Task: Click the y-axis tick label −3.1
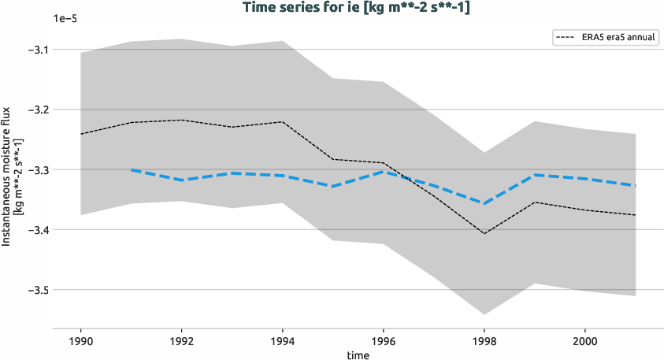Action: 35,50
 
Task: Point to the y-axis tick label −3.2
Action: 35,109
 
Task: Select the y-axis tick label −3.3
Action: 35,169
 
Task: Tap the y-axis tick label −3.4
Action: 35,230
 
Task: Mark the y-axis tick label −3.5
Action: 35,290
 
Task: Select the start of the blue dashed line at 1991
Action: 132,169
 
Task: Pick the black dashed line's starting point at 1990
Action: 81,134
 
